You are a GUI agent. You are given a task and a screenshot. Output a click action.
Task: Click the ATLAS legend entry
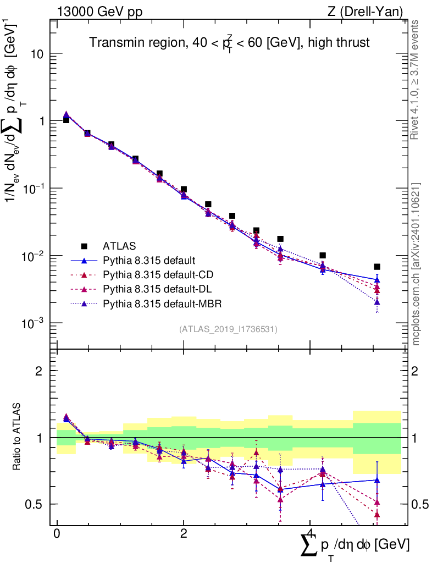point(118,245)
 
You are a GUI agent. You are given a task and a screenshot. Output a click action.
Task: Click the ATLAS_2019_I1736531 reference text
point(228,329)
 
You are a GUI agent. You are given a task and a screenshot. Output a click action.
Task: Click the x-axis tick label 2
point(184,534)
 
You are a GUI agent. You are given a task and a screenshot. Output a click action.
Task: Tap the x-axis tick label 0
point(57,534)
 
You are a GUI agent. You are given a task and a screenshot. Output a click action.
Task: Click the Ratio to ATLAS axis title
point(18,437)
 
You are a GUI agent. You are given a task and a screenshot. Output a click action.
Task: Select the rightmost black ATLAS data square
point(377,267)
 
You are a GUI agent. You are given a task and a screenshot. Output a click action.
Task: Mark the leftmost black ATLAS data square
point(66,120)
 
